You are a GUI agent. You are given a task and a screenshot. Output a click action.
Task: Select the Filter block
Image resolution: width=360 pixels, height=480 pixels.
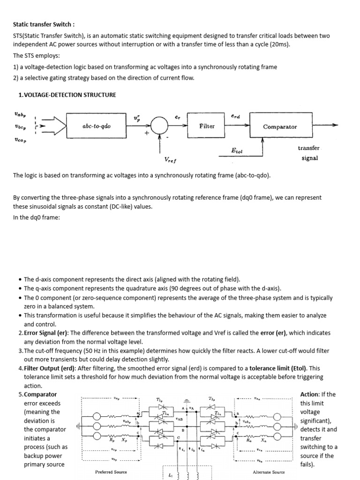tap(207, 126)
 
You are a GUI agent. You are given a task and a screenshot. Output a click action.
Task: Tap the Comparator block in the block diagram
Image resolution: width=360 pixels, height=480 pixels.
tap(280, 127)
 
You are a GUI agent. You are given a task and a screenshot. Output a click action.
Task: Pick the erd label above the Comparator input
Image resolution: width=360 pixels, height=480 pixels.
tap(235, 115)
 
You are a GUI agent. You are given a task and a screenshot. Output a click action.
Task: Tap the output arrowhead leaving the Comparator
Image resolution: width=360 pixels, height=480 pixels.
tap(334, 125)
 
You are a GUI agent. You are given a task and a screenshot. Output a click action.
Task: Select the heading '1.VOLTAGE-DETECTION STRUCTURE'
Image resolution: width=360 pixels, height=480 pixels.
tap(67, 95)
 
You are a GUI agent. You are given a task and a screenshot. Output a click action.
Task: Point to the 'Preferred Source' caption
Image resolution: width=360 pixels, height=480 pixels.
tap(111, 472)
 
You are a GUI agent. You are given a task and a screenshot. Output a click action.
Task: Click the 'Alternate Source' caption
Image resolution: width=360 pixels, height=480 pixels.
tap(269, 472)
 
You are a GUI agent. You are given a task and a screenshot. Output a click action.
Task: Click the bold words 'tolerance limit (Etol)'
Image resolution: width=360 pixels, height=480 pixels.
tap(278, 368)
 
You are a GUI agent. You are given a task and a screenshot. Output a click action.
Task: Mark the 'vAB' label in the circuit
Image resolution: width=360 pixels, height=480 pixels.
tap(179, 419)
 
